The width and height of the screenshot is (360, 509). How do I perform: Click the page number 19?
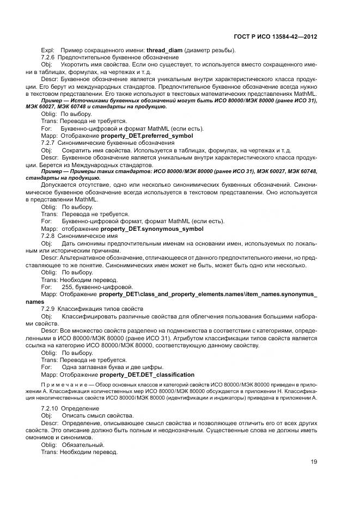314,462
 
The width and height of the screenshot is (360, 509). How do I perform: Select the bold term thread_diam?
164,51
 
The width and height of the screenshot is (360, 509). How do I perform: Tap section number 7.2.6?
48,58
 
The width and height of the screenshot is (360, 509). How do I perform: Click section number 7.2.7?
48,142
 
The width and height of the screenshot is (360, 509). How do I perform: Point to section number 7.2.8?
48,236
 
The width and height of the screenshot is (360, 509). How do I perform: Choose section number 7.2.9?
48,309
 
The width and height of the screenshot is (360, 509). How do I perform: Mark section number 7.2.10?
50,408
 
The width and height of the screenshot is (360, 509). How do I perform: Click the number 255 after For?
68,286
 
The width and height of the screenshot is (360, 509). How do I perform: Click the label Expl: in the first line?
47,51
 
